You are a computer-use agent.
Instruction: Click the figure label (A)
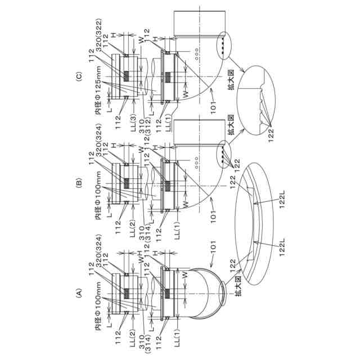coord(79,292)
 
